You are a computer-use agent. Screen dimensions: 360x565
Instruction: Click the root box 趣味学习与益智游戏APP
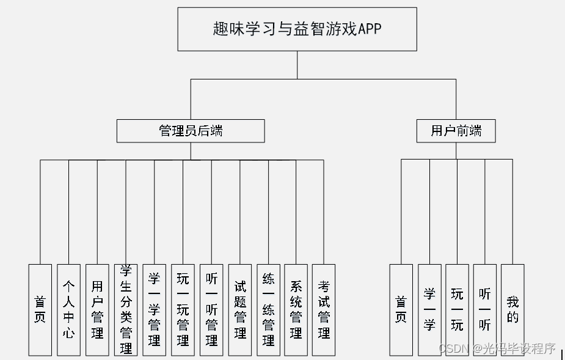[x=297, y=29]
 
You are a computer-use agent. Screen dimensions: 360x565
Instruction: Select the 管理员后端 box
[x=191, y=131]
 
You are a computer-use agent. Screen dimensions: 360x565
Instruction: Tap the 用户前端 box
[x=456, y=131]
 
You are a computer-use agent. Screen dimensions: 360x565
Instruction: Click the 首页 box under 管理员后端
[x=40, y=310]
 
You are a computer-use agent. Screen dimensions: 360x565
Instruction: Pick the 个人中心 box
[x=68, y=310]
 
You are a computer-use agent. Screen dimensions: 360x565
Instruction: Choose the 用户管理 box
[x=97, y=310]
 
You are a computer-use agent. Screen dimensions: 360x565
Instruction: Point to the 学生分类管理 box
[x=126, y=310]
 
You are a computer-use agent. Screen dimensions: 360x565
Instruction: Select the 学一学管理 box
[x=154, y=310]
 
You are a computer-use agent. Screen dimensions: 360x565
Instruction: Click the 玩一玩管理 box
[x=183, y=310]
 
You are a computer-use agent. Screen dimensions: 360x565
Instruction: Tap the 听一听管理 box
[x=211, y=310]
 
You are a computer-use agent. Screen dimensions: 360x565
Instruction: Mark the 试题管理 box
[x=240, y=310]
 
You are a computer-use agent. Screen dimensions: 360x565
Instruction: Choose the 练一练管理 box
[x=268, y=310]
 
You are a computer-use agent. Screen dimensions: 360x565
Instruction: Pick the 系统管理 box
[x=296, y=310]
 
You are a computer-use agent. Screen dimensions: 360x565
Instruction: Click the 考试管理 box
[x=324, y=310]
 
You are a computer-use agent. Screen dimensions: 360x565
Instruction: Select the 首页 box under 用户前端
[x=401, y=310]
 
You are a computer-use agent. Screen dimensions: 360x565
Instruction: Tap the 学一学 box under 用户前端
[x=429, y=310]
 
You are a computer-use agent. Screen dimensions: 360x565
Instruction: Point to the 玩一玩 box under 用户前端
[x=457, y=310]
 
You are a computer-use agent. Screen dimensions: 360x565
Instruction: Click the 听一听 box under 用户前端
[x=485, y=310]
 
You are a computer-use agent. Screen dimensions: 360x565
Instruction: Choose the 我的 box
[x=512, y=310]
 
